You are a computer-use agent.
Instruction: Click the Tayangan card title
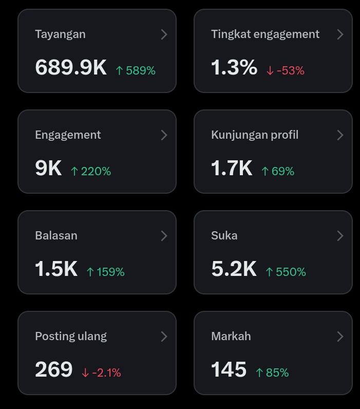point(60,34)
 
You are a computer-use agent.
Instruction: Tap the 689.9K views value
point(71,67)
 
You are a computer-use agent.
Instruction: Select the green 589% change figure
point(141,70)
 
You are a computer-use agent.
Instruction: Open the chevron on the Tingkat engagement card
point(340,34)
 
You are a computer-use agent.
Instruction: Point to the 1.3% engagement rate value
point(234,67)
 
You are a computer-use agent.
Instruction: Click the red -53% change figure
point(290,70)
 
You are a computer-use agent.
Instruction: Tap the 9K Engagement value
point(48,168)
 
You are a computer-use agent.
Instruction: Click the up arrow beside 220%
point(74,172)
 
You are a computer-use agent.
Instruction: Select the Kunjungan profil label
point(255,135)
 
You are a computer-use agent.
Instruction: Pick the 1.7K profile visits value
point(232,168)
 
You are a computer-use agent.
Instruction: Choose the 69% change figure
point(283,172)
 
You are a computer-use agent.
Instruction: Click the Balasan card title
point(56,235)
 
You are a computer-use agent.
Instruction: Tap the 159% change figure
point(110,272)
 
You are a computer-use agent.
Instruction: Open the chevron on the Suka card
point(340,236)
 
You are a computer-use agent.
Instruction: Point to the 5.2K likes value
point(234,269)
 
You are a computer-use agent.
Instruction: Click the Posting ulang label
point(71,337)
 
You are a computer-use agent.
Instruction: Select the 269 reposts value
point(54,369)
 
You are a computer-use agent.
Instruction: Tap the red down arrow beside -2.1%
point(85,373)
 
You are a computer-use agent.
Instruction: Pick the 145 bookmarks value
point(229,369)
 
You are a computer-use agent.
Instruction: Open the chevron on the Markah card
point(340,337)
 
